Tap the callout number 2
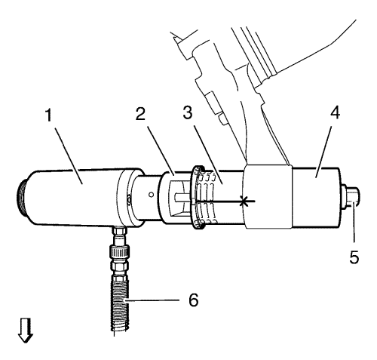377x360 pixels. tap(140, 114)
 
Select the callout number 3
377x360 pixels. tap(188, 112)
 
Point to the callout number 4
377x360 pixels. tap(335, 112)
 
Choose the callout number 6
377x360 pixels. tap(194, 300)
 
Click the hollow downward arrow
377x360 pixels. tap(26, 331)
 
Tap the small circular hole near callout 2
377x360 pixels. tap(151, 194)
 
